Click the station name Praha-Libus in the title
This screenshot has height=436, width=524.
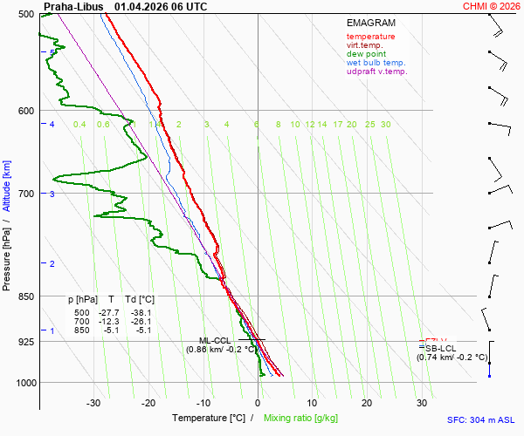pos(73,6)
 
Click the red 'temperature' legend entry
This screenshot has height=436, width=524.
pos(370,37)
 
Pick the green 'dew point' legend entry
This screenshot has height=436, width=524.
pos(366,54)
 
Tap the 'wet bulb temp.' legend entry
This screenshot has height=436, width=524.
pos(376,63)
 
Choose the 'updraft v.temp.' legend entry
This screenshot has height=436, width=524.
pos(376,72)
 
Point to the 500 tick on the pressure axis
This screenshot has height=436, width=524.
pos(25,14)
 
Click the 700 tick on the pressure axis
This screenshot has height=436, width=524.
pos(25,193)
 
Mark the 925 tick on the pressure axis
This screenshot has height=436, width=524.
pos(25,342)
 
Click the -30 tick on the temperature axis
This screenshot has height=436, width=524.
pos(93,403)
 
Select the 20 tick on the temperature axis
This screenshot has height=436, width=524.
pos(367,403)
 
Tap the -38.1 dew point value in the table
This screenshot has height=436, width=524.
pos(141,312)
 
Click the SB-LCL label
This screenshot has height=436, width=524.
pos(440,348)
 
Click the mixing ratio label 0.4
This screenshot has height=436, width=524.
pos(79,125)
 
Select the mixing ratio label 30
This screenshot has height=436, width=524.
pos(385,125)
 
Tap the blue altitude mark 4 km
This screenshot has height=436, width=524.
pos(52,125)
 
